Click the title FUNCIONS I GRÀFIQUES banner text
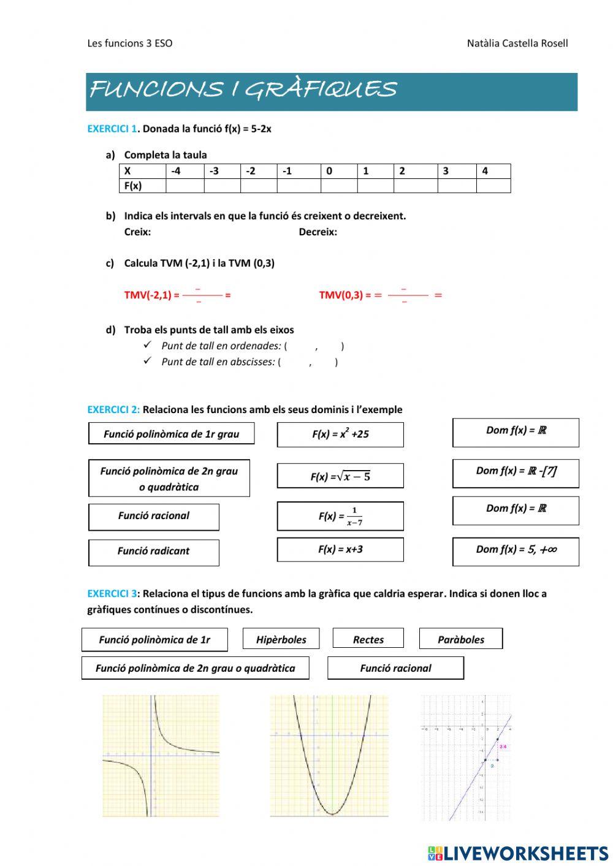[x=243, y=90]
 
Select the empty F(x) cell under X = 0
[x=338, y=186]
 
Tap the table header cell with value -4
[x=184, y=171]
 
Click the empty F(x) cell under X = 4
[x=493, y=186]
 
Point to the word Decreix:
[x=318, y=232]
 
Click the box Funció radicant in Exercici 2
[x=153, y=552]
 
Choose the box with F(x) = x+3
[x=340, y=550]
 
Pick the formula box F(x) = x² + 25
[x=340, y=435]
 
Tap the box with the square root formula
[x=340, y=476]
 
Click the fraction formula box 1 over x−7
[x=340, y=517]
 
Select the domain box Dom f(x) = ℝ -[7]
[x=516, y=472]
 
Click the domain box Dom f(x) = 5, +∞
[x=516, y=550]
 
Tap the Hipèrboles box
[x=281, y=639]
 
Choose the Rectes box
[x=368, y=639]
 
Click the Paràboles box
[x=460, y=639]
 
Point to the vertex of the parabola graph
[x=332, y=813]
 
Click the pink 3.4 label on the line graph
[x=503, y=746]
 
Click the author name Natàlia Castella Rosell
[x=517, y=43]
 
